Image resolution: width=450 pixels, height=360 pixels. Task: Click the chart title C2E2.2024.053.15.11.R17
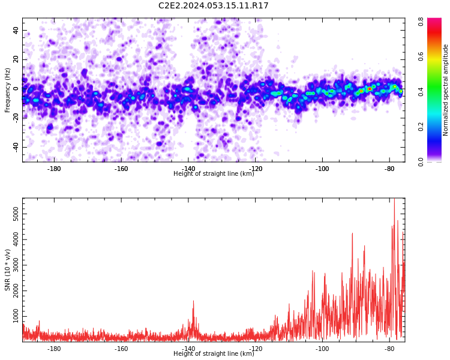point(213,5)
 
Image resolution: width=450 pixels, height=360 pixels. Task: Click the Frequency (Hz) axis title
point(7,90)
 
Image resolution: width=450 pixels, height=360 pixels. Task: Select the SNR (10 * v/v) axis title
point(7,270)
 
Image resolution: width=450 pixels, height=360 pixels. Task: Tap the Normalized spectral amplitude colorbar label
point(445,90)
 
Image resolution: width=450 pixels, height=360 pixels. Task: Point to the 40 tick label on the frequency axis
point(16,30)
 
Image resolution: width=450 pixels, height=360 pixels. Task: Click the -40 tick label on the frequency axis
point(16,147)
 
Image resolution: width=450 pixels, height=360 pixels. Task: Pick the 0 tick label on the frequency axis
point(16,89)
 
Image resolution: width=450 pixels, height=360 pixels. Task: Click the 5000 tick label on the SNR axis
point(16,214)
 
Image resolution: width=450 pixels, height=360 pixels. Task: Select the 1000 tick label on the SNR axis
point(16,316)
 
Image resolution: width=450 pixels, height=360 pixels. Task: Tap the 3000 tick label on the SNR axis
point(16,265)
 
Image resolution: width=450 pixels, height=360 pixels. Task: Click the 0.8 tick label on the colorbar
point(421,22)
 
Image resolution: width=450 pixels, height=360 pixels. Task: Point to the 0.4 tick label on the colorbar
point(421,92)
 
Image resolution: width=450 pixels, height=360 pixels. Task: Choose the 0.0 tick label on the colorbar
point(421,162)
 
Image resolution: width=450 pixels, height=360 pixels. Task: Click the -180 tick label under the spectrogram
point(53,169)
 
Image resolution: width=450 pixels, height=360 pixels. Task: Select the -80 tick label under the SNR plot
point(389,349)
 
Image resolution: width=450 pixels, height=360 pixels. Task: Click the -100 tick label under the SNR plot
point(322,349)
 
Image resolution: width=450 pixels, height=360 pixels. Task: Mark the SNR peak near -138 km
point(193,301)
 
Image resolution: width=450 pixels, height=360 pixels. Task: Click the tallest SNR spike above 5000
point(394,199)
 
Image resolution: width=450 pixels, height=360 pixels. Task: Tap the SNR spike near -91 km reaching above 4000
point(352,233)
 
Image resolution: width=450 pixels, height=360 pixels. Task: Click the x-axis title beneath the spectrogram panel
point(214,173)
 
